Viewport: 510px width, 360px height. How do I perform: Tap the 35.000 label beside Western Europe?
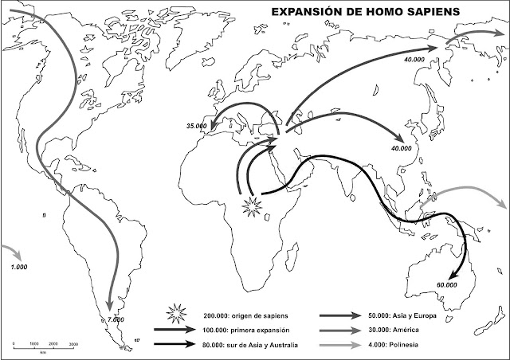pyautogui.click(x=196, y=126)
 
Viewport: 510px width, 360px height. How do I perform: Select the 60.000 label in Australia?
pyautogui.click(x=447, y=284)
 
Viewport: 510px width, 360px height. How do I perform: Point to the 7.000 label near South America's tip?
pyautogui.click(x=116, y=319)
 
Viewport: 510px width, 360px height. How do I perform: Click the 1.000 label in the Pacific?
pyautogui.click(x=19, y=267)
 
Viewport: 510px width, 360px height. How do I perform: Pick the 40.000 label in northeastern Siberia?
pyautogui.click(x=414, y=60)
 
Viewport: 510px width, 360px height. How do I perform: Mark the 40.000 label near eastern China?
pyautogui.click(x=402, y=148)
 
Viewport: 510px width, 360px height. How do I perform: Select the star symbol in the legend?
pyautogui.click(x=175, y=315)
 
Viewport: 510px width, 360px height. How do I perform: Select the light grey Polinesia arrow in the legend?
pyautogui.click(x=339, y=345)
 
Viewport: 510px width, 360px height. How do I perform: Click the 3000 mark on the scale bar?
pyautogui.click(x=73, y=343)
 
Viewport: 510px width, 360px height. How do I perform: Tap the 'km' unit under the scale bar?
pyautogui.click(x=42, y=350)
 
